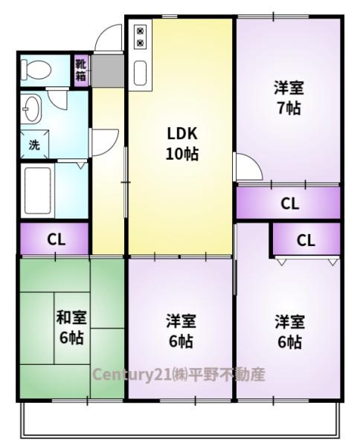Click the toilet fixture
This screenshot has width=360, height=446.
pos(36,71)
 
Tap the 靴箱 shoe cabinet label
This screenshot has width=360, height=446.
pos(81,70)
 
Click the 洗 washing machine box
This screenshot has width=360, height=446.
pos(34,145)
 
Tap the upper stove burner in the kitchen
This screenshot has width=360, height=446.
pos(140,30)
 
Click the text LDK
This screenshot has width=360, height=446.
pos(181,135)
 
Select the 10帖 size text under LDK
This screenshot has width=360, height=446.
pos(181,155)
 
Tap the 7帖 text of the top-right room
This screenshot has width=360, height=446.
pos(288,108)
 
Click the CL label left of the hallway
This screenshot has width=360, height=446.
pos(56,239)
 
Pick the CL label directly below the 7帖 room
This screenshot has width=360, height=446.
pos(290,203)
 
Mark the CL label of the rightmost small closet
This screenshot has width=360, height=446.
pos(306,240)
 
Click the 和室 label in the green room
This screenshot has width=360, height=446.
pos(71,318)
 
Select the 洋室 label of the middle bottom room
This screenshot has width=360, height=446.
pos(181,322)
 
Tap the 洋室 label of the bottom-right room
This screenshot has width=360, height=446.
pos(289,322)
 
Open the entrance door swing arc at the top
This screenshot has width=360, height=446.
pos(110,39)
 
